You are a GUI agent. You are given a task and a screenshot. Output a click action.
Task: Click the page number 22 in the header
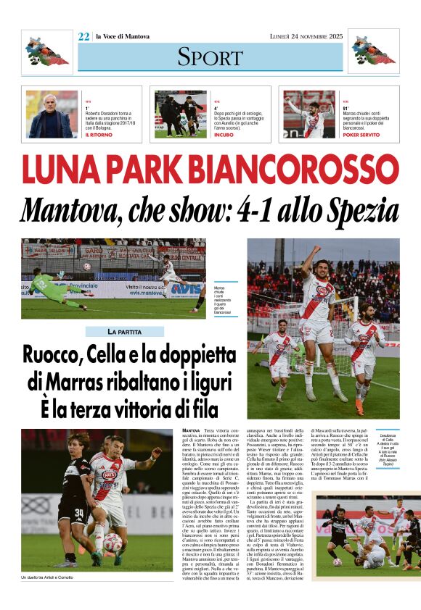tap(83, 36)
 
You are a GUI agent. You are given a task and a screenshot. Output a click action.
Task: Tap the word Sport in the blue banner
tap(210, 56)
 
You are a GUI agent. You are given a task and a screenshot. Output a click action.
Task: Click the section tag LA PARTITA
tap(124, 332)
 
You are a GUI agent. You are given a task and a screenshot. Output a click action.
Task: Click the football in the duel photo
tap(113, 540)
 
